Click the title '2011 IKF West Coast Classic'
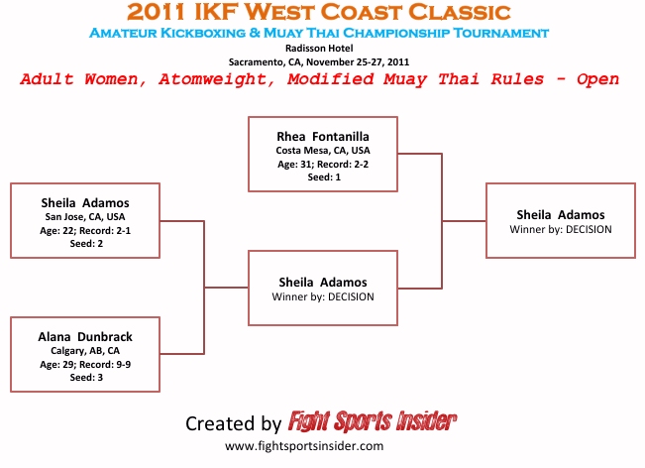(319, 13)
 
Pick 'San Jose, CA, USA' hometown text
(86, 216)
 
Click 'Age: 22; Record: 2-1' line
(86, 230)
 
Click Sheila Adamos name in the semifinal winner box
(323, 282)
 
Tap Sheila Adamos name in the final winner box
(561, 214)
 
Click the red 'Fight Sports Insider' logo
(373, 422)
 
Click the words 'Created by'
(233, 423)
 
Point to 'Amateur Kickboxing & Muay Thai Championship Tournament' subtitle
(319, 33)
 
